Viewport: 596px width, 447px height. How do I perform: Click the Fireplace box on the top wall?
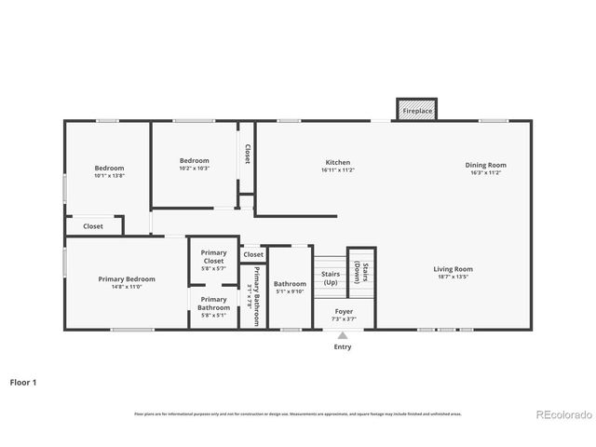416,111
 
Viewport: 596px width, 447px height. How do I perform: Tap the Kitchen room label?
337,163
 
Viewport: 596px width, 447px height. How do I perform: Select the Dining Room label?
485,165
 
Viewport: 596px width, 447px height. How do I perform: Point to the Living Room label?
454,269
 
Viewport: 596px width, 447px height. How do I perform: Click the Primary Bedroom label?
127,278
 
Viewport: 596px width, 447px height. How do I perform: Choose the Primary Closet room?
213,257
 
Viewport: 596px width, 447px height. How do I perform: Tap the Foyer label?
343,312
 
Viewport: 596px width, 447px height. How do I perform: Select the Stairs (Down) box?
360,271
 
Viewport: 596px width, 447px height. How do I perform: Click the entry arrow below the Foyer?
343,335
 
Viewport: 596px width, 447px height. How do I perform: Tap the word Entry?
343,347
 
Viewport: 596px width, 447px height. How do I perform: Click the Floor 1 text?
24,382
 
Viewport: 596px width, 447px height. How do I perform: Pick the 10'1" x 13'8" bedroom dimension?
109,175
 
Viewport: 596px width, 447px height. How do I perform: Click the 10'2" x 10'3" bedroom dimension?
194,169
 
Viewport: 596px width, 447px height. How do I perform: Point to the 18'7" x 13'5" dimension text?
454,277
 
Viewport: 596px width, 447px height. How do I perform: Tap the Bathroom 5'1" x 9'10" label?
290,288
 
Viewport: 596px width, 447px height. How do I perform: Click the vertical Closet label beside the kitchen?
247,154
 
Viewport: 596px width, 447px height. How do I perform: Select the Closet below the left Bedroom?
93,225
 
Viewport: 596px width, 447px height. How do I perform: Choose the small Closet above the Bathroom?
253,254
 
